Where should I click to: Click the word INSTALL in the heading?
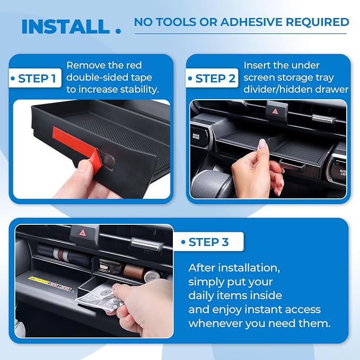65,27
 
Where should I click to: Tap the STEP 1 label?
37,78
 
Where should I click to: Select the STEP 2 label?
215,78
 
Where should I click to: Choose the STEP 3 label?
208,242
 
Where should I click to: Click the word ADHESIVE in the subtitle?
251,22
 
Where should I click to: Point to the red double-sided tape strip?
75,145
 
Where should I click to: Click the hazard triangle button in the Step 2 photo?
275,111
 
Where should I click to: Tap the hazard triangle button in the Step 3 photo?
82,233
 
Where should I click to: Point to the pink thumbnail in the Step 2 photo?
262,144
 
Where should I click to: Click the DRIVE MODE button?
196,136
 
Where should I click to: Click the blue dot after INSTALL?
118,31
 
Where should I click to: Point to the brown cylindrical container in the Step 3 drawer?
133,271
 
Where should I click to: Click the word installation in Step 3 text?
249,268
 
